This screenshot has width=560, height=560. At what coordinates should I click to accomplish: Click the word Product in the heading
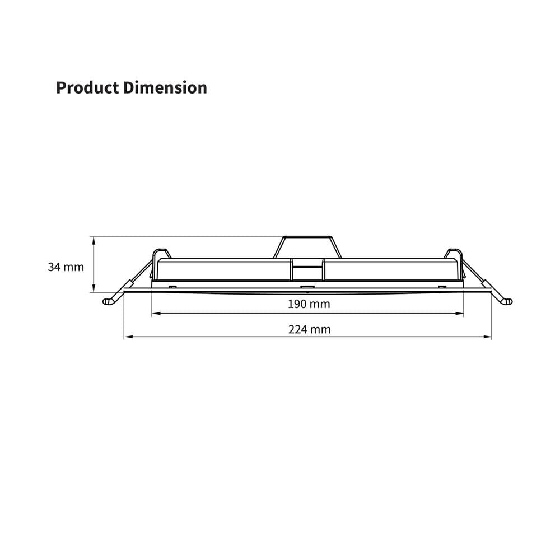click(x=87, y=87)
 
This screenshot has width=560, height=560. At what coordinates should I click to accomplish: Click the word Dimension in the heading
click(x=165, y=87)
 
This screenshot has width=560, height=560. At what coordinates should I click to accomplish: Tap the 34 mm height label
click(x=66, y=267)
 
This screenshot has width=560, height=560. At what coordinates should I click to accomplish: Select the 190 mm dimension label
click(x=309, y=304)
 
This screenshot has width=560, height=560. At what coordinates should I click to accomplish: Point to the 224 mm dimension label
click(x=309, y=329)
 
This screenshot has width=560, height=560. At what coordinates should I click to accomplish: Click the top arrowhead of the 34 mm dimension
click(x=94, y=240)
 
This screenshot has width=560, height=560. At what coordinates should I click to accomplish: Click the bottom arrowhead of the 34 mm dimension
click(x=94, y=288)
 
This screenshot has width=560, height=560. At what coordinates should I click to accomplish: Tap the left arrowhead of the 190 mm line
click(x=156, y=314)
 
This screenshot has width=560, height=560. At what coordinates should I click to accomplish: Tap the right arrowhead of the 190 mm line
click(x=459, y=314)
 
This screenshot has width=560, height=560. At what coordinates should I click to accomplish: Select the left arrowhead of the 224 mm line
click(x=128, y=337)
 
